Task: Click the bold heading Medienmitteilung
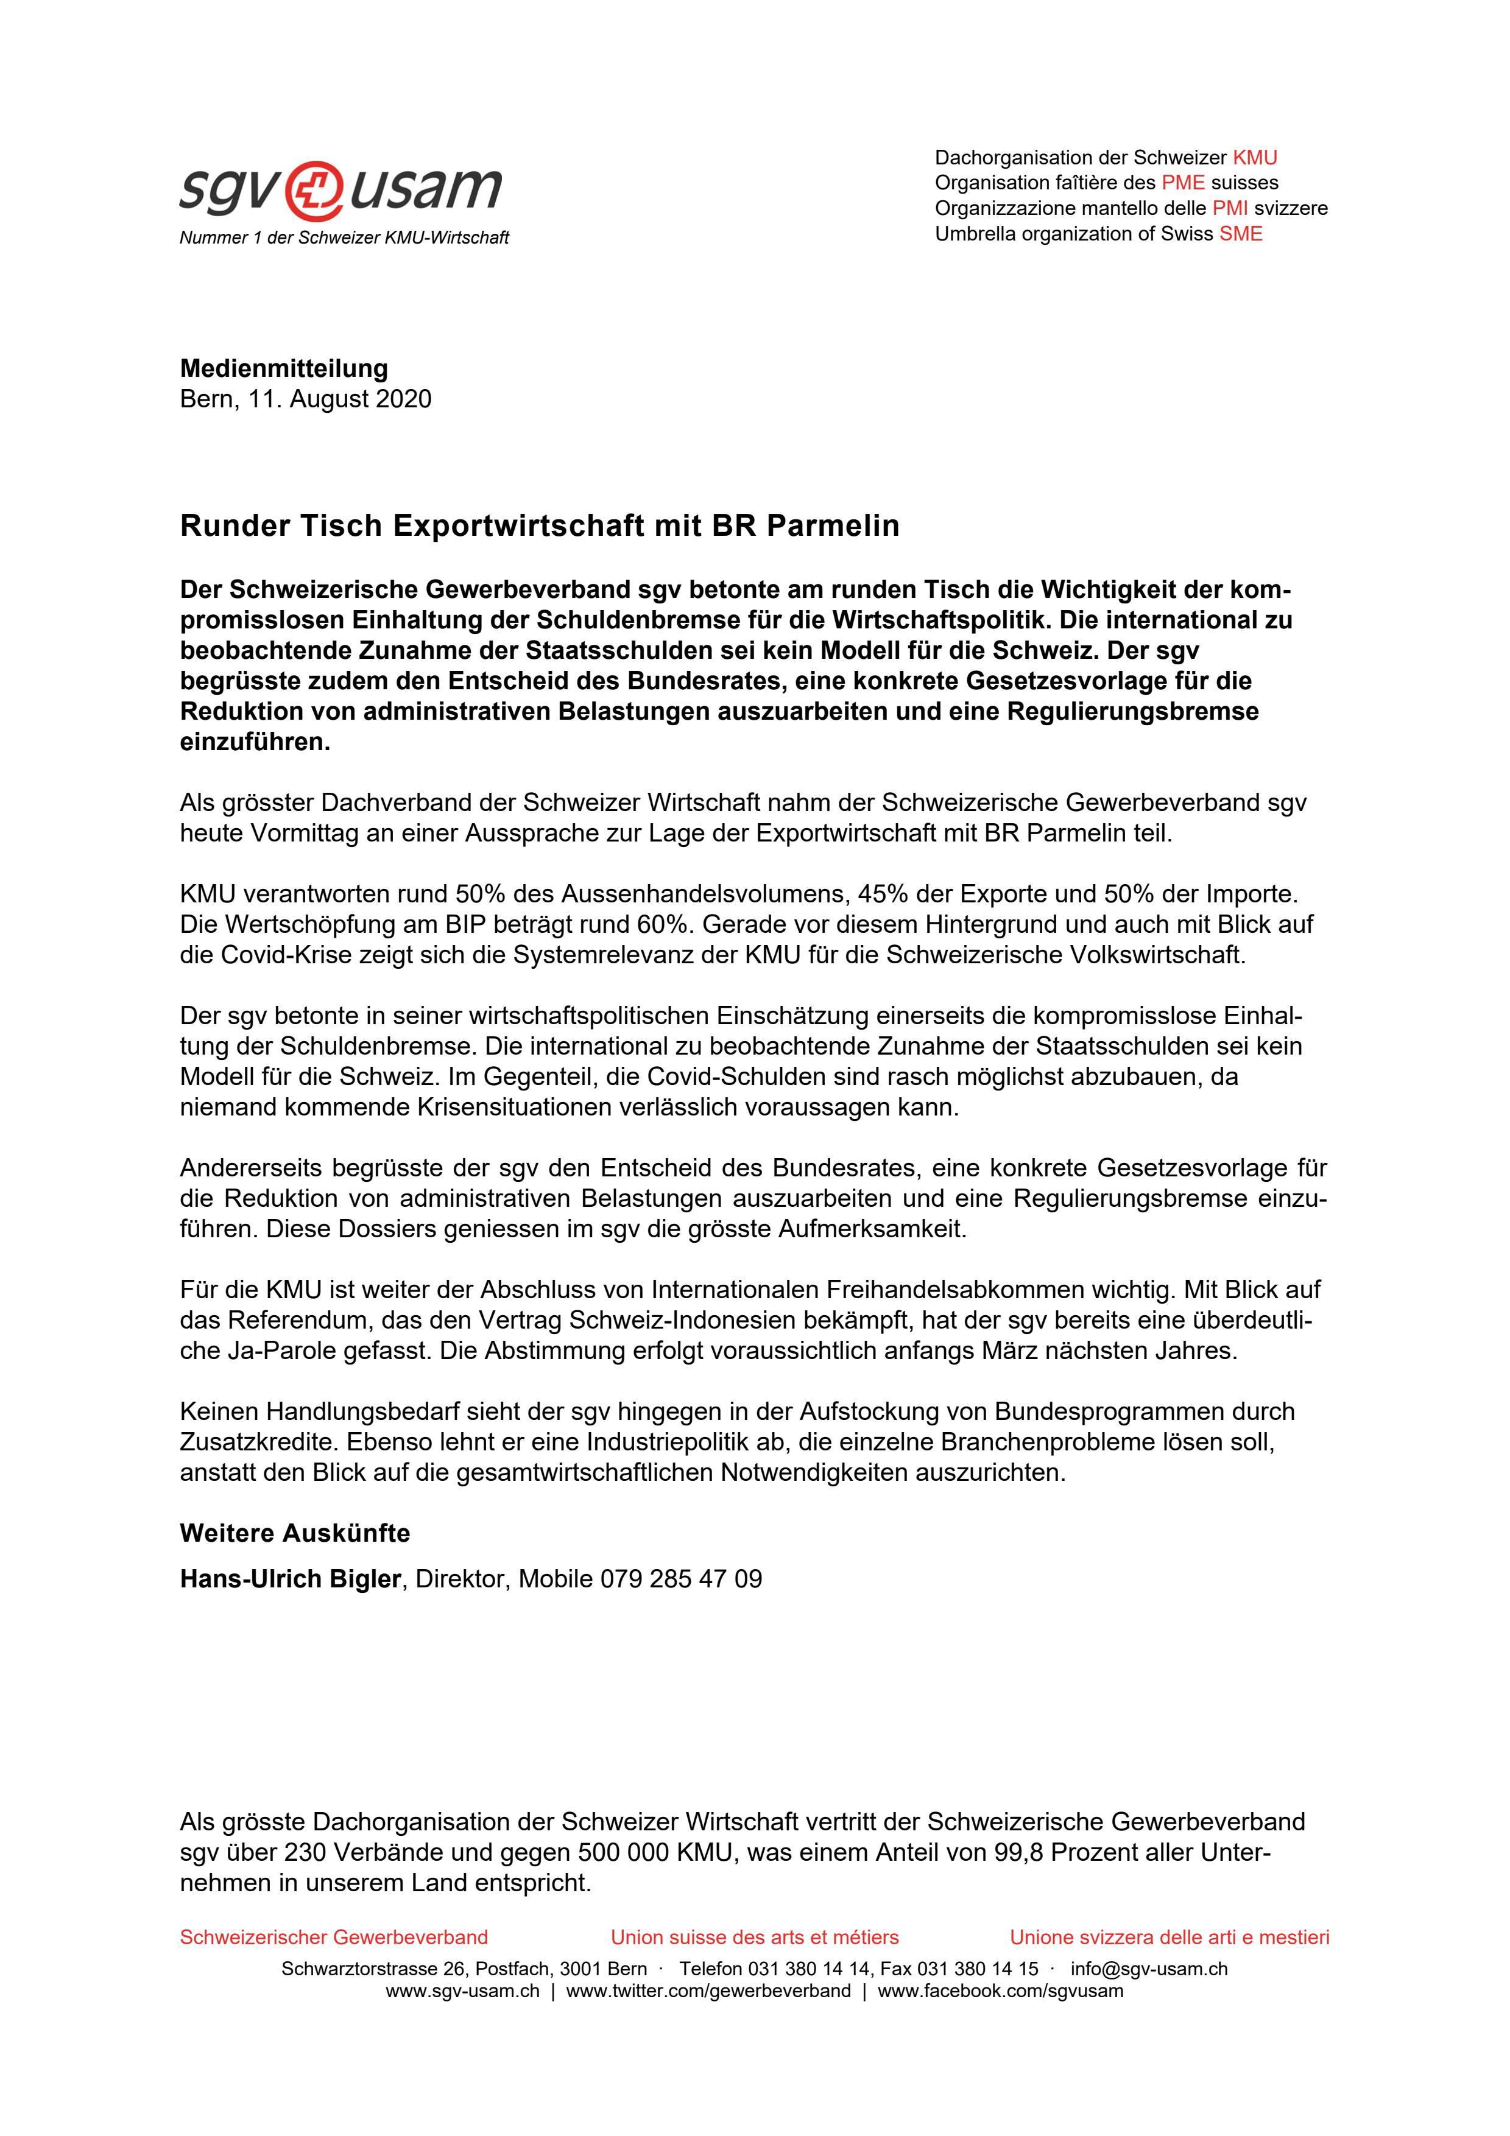pyautogui.click(x=284, y=368)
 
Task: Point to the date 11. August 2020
pyautogui.click(x=340, y=399)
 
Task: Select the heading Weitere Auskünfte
pyautogui.click(x=295, y=1533)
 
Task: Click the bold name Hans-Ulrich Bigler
pyautogui.click(x=289, y=1579)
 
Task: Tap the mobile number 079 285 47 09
pyautogui.click(x=681, y=1579)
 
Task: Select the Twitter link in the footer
pyautogui.click(x=708, y=1991)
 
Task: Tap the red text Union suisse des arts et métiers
pyautogui.click(x=755, y=1938)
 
